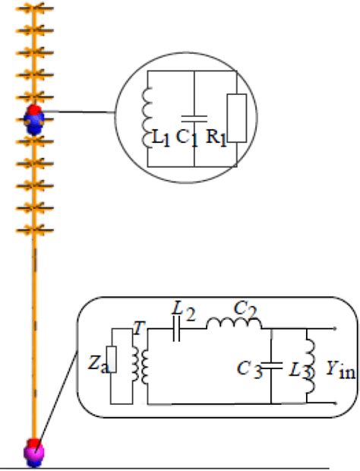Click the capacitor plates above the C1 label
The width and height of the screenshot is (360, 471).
(x=195, y=119)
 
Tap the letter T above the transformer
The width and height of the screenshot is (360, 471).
(x=137, y=326)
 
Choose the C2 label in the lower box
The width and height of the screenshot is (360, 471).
(x=242, y=308)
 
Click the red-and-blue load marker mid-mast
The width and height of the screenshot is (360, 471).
(x=34, y=119)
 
